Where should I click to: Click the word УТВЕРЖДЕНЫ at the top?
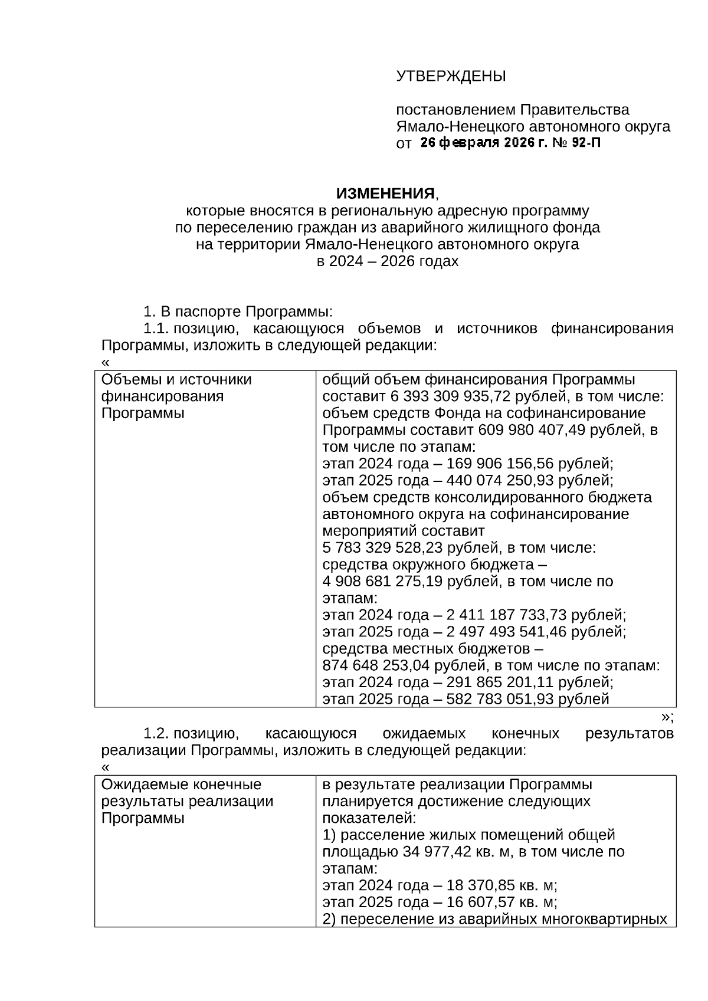point(451,76)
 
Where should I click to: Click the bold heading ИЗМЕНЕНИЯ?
point(385,193)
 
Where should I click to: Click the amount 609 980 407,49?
point(532,429)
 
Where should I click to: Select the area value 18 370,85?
point(477,885)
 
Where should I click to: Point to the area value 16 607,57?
point(477,902)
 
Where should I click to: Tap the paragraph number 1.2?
point(156,734)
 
